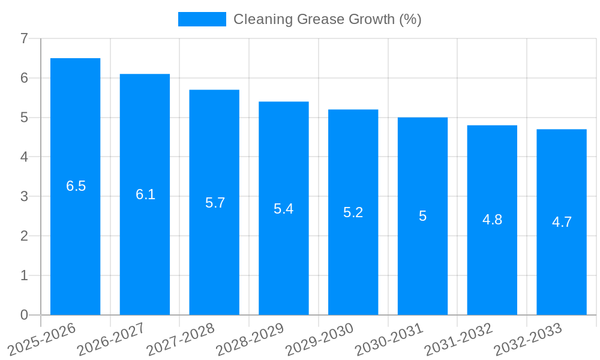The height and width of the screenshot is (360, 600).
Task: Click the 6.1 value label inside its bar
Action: tap(145, 194)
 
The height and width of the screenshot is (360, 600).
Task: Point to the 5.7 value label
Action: tap(215, 203)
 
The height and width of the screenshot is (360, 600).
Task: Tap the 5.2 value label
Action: tap(353, 212)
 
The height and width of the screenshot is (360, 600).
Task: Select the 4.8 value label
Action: tap(492, 220)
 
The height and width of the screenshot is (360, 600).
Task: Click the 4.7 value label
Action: tap(562, 222)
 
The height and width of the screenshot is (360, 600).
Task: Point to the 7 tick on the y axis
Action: tap(24, 39)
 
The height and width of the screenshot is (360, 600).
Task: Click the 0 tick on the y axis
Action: tap(24, 315)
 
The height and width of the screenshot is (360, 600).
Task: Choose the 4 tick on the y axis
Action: tap(24, 157)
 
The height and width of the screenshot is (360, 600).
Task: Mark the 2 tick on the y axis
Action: tap(24, 236)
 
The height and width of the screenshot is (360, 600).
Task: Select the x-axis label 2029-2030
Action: tap(319, 338)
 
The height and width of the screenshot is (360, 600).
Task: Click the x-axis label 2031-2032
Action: tap(458, 338)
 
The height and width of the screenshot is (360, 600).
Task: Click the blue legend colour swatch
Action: tap(202, 19)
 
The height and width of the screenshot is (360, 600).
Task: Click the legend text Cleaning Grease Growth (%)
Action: tap(327, 19)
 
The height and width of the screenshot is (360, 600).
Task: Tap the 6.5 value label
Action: tap(76, 186)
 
